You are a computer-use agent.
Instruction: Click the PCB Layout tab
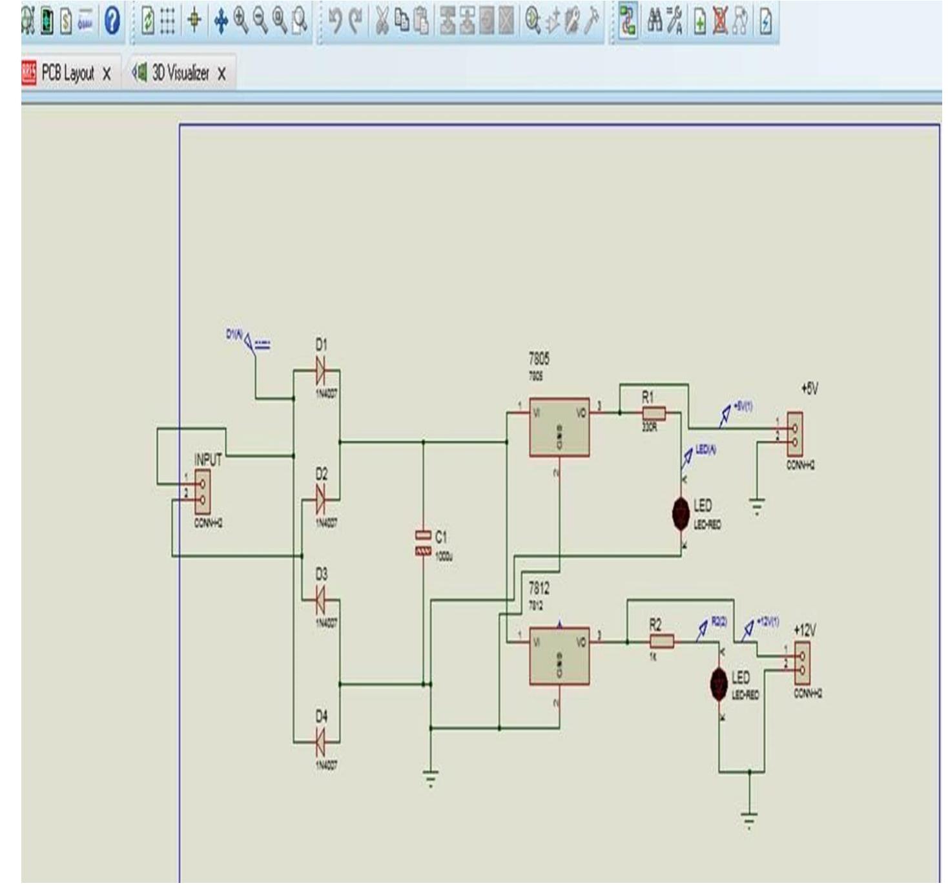(67, 73)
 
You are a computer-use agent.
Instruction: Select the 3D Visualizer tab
(180, 74)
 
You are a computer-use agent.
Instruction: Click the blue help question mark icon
(112, 21)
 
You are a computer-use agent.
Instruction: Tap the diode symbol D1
(320, 371)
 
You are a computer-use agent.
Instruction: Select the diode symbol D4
(320, 742)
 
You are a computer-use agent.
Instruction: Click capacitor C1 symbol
(423, 543)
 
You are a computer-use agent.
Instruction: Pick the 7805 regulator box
(559, 427)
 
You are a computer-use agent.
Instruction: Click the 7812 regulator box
(559, 656)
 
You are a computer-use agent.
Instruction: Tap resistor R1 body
(654, 413)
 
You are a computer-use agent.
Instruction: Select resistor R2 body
(661, 641)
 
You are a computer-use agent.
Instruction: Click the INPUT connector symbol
(202, 492)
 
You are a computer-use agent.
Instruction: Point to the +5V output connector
(795, 434)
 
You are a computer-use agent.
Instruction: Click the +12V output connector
(802, 663)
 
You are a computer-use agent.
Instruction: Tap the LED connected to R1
(681, 513)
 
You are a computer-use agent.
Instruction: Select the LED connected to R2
(719, 684)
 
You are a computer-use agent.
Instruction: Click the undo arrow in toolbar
(335, 21)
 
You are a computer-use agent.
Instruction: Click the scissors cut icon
(382, 21)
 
